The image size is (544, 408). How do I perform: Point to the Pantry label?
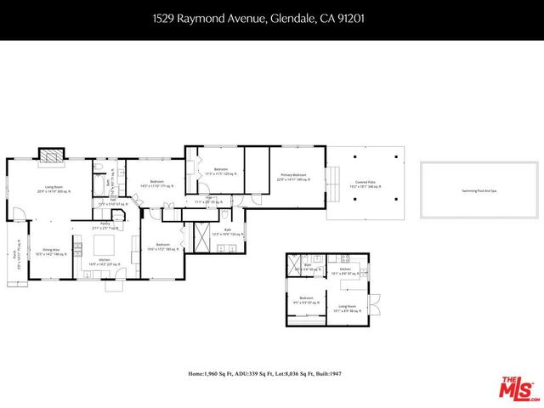coord(105,225)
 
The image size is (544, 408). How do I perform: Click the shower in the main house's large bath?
coord(201,236)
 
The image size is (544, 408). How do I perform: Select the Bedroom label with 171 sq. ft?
coord(156,183)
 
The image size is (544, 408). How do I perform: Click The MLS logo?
coord(518,387)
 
